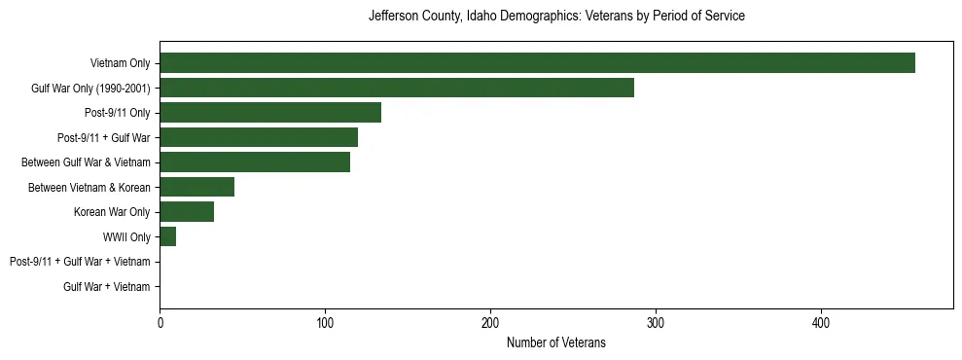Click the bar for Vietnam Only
(x=537, y=63)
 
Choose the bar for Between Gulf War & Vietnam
(x=255, y=162)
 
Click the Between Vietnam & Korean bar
(x=197, y=187)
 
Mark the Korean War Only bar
(x=187, y=212)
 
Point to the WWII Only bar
(x=167, y=236)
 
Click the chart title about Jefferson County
(x=556, y=17)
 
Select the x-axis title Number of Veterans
(x=556, y=342)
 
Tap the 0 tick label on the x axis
(x=160, y=323)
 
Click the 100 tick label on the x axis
(x=325, y=323)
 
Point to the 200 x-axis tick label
(x=490, y=323)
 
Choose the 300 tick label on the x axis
(x=656, y=323)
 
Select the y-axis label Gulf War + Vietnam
(x=107, y=287)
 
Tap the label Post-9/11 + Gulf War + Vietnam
(x=80, y=262)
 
